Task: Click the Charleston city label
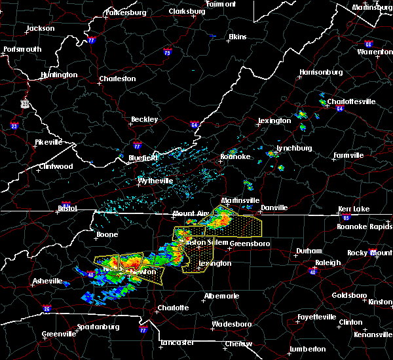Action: (117, 79)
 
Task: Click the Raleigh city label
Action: (328, 262)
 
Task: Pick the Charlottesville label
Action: (351, 102)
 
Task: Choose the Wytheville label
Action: (155, 181)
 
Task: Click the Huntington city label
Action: (58, 75)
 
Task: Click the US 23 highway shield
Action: (24, 103)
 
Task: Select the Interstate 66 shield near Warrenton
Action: (369, 45)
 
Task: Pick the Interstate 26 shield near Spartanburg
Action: (47, 309)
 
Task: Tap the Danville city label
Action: (274, 208)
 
